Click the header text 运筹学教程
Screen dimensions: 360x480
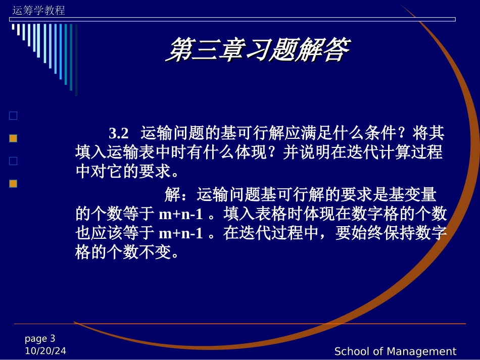tap(38, 11)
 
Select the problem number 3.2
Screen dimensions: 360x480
tap(119, 134)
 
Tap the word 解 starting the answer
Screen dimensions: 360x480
tap(172, 195)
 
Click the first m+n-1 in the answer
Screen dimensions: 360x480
tap(180, 215)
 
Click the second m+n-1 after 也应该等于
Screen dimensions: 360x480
tap(180, 234)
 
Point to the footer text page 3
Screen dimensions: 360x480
tap(40, 339)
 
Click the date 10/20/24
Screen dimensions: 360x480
tap(45, 351)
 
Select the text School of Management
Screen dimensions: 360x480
tap(395, 351)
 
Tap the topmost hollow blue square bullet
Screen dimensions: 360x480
tap(13, 116)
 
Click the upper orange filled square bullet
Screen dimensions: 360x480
tap(13, 138)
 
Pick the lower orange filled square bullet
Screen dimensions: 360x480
tap(13, 184)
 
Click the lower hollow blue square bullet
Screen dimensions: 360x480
tap(13, 161)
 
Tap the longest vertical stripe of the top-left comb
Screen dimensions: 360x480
tap(76, 60)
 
